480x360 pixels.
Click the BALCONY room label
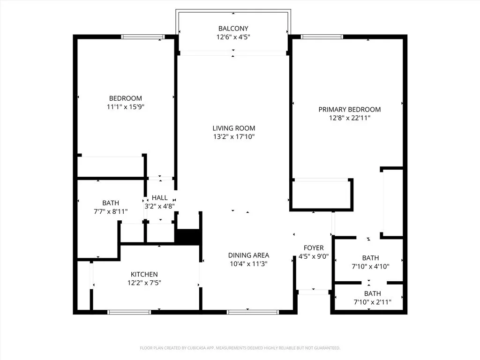[x=233, y=28]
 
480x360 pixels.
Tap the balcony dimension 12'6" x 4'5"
[x=233, y=37]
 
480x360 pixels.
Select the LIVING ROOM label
[x=234, y=128]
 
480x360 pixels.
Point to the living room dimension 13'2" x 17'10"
[x=234, y=137]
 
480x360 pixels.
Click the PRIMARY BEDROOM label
[x=349, y=109]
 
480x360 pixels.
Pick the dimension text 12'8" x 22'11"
[x=349, y=118]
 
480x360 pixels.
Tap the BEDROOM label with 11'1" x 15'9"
[x=125, y=98]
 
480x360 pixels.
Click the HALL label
[x=159, y=198]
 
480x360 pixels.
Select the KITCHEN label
[x=144, y=274]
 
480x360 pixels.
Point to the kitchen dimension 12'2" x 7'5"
[x=144, y=283]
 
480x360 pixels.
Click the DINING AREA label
[x=248, y=255]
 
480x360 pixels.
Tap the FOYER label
[x=313, y=248]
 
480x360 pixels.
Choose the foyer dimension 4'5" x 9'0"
[x=313, y=256]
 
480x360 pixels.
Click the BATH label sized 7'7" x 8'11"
[x=111, y=203]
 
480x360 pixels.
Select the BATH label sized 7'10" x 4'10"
[x=370, y=258]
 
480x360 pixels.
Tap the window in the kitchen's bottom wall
[x=129, y=312]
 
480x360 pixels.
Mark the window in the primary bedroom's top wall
[x=322, y=37]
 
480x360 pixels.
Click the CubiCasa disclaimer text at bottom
[x=240, y=348]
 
